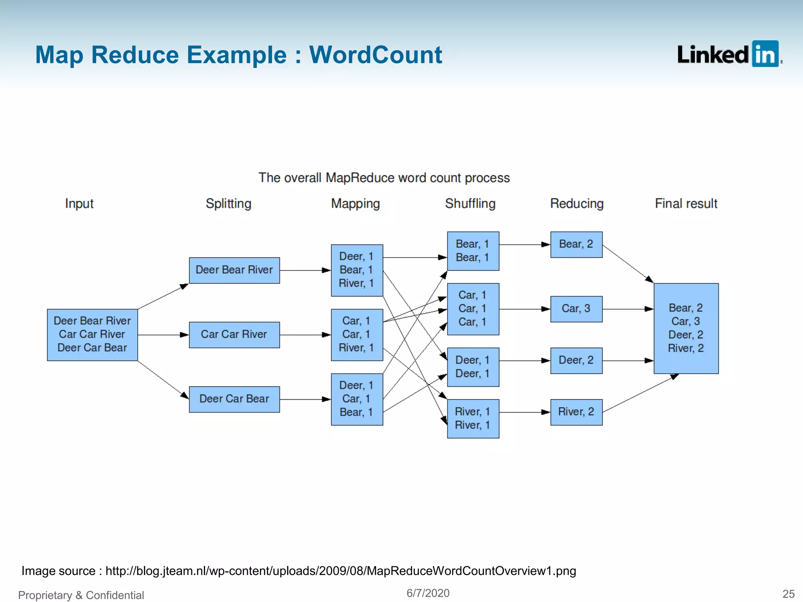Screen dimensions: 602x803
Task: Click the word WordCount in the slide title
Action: (x=375, y=55)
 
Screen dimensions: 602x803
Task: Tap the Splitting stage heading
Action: (x=228, y=203)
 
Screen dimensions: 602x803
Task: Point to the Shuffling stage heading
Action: (x=470, y=203)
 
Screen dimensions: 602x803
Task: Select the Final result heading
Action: (x=686, y=203)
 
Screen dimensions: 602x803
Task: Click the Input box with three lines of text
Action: (x=92, y=335)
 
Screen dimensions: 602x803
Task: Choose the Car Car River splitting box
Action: (x=234, y=335)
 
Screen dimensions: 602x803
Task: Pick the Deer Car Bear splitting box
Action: (x=234, y=399)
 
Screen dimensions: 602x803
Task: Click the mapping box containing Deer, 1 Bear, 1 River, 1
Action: (x=357, y=270)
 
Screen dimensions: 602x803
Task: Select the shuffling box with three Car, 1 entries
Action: (x=473, y=309)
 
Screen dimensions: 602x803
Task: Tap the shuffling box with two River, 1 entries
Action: (x=473, y=419)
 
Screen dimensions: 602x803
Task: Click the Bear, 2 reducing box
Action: (x=576, y=245)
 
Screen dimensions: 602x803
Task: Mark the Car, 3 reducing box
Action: (x=576, y=309)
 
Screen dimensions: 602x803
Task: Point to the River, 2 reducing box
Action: (x=576, y=412)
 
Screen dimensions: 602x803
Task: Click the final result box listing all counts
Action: (x=686, y=328)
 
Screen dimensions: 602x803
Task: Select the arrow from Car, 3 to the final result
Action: (x=627, y=309)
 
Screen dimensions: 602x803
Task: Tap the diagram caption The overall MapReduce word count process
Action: (x=384, y=178)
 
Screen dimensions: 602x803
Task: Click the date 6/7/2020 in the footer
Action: (x=428, y=593)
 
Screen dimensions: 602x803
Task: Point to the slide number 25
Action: (x=788, y=594)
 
